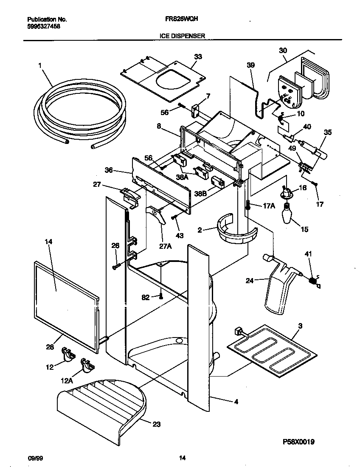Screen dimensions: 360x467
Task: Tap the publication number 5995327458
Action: click(43, 26)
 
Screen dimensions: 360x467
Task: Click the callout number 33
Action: click(198, 57)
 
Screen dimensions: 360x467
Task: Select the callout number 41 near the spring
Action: click(308, 254)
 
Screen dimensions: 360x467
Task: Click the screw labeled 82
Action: click(160, 297)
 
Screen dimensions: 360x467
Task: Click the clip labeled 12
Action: click(67, 354)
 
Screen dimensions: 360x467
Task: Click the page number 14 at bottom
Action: click(182, 458)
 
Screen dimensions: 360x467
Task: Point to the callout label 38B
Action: click(201, 193)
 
